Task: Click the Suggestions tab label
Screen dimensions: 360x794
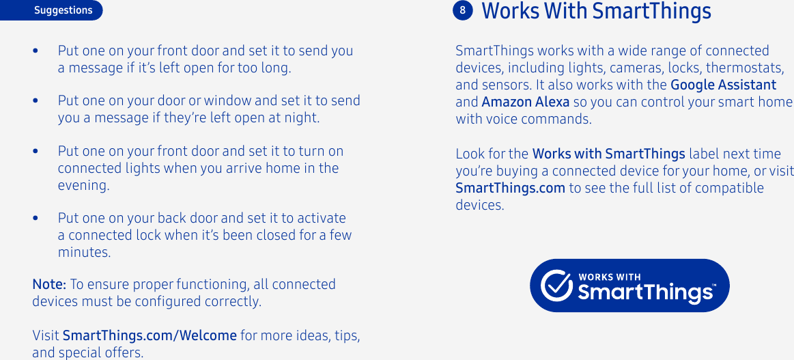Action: tap(63, 10)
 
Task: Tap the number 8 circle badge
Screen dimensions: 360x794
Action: tap(462, 10)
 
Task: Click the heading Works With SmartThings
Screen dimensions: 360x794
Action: tap(596, 12)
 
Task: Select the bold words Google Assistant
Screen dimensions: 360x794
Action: tap(723, 85)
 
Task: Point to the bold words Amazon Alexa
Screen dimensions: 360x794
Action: tap(525, 102)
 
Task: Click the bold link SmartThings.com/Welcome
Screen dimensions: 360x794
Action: tap(150, 335)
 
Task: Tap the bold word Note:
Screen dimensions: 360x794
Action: tap(49, 284)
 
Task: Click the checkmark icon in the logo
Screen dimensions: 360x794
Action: tap(556, 286)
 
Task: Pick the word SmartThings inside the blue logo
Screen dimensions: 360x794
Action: tap(645, 293)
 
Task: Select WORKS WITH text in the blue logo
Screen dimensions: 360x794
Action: tap(610, 277)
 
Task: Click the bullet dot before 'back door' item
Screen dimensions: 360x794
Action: tap(36, 219)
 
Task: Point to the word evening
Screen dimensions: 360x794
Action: tap(83, 185)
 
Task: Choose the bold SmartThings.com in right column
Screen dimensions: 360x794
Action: tap(510, 188)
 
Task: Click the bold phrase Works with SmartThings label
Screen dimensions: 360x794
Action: tap(608, 154)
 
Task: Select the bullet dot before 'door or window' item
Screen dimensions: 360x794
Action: tap(36, 101)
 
